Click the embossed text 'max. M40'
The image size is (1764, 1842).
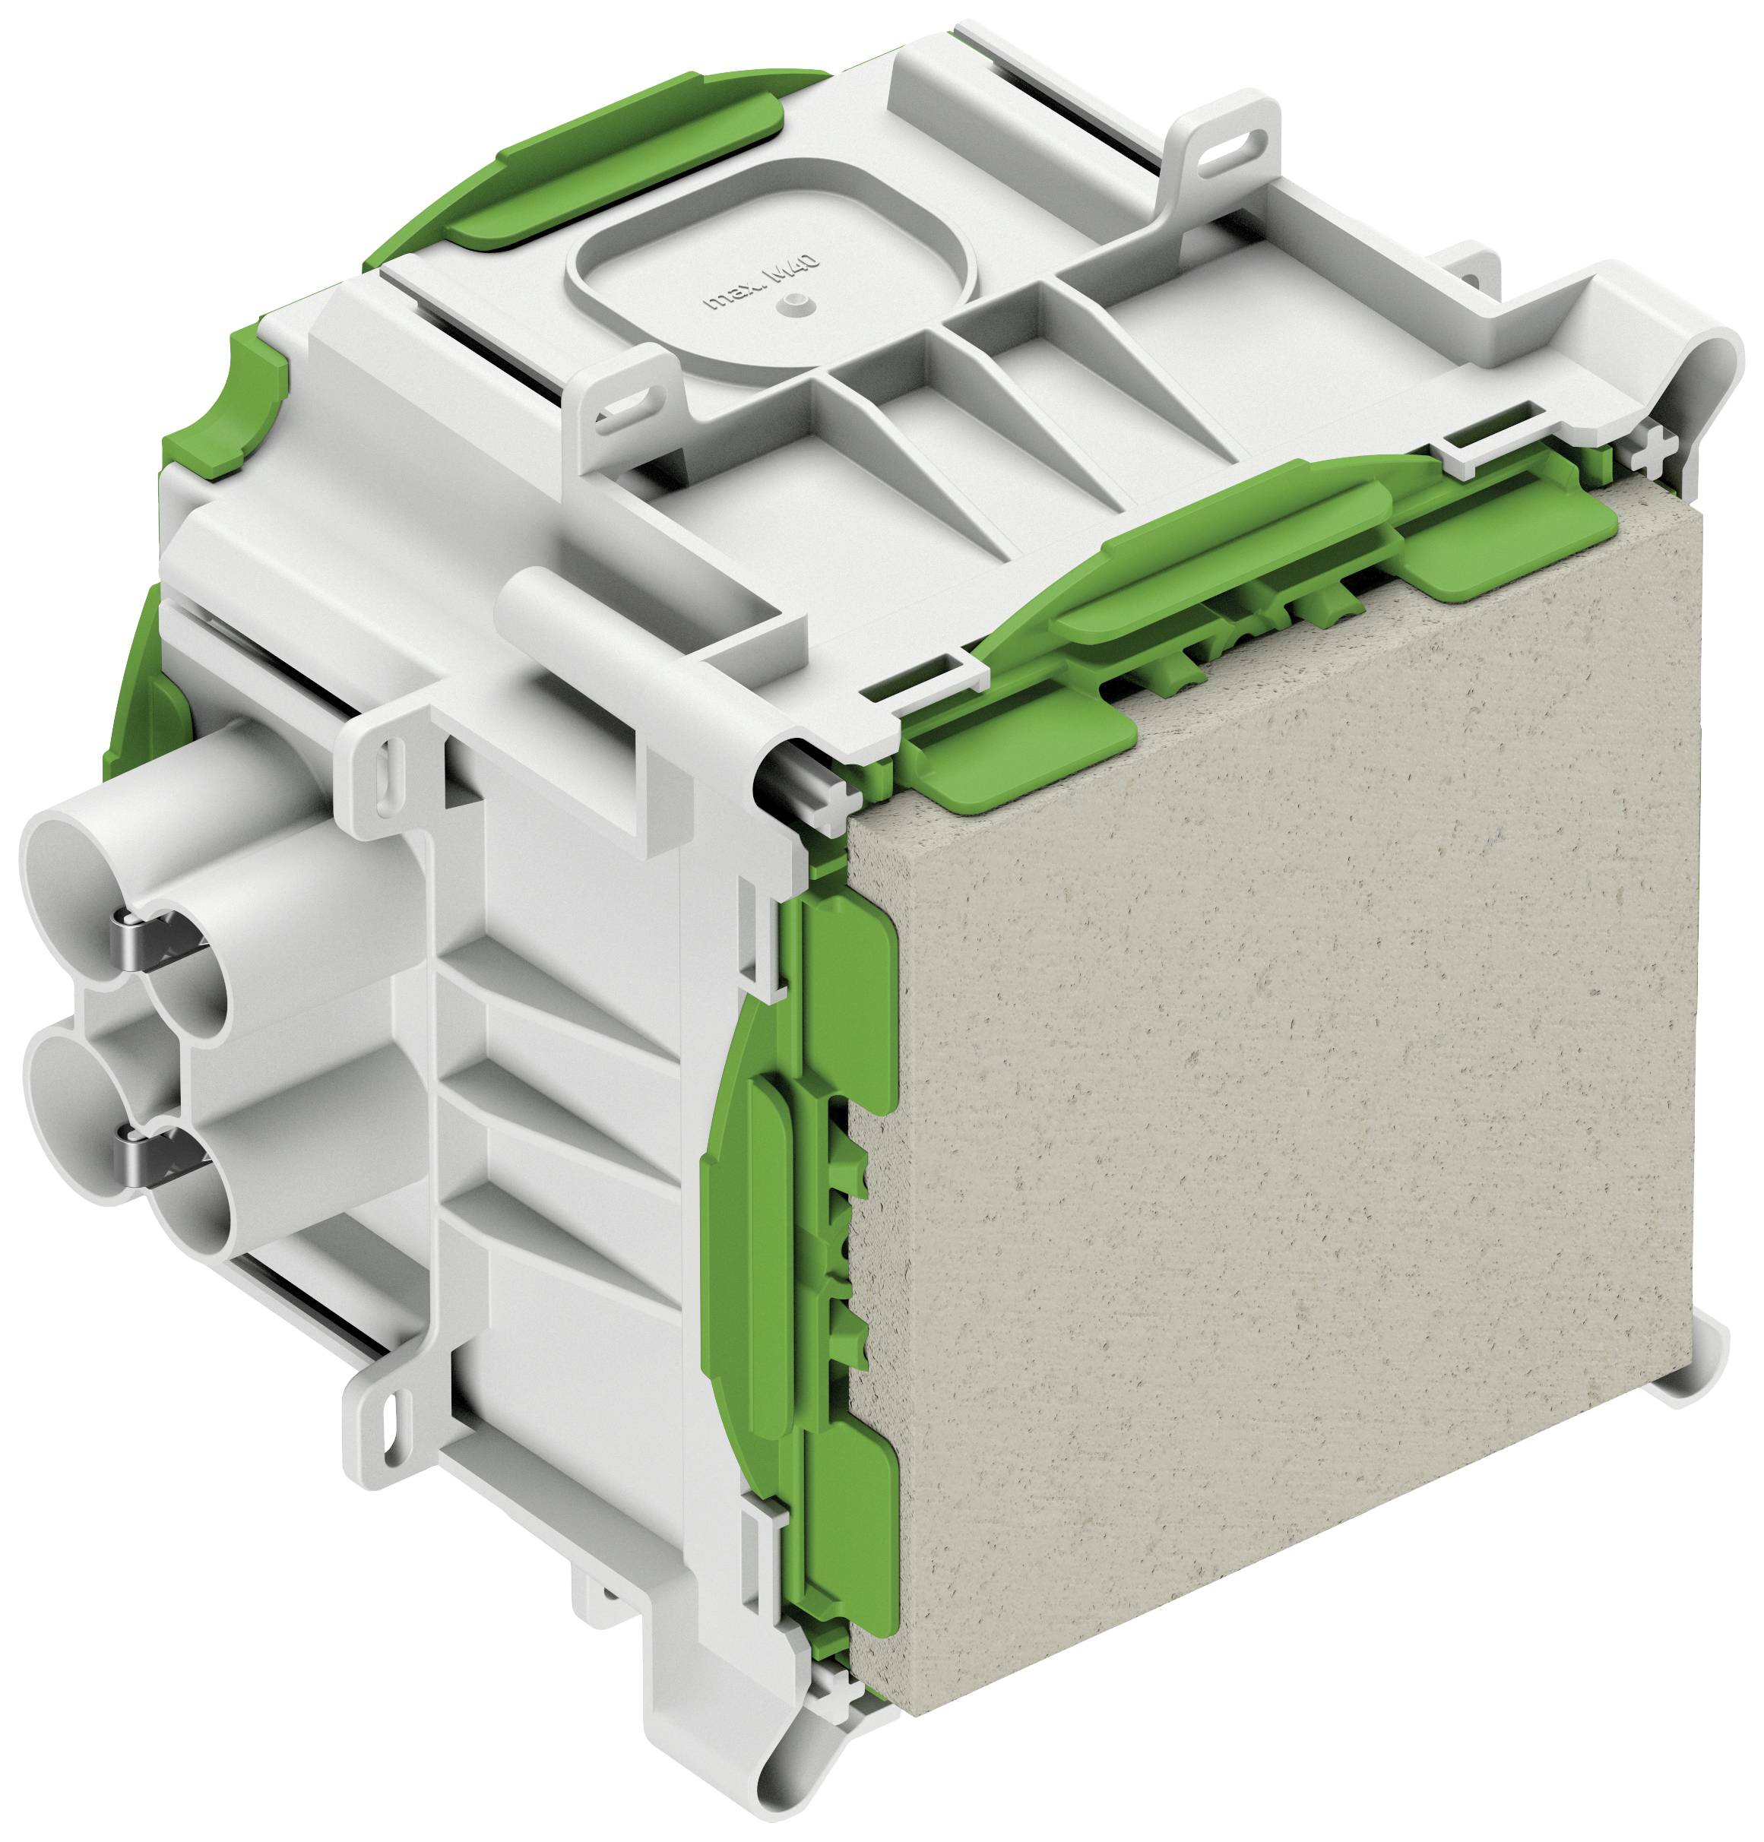[x=763, y=286]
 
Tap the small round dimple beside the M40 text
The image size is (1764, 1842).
[x=795, y=301]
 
